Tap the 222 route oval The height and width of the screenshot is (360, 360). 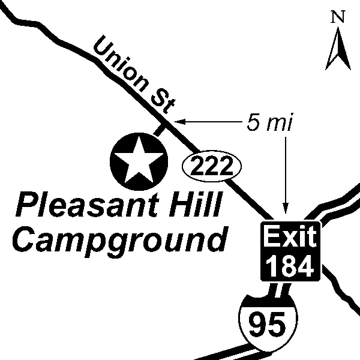point(211,165)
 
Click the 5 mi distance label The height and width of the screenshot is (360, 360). point(269,122)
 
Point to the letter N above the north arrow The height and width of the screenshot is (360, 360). point(338,17)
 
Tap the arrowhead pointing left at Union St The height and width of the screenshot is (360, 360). point(179,122)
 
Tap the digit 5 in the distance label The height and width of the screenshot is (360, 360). point(252,122)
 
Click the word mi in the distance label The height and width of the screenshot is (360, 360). point(279,122)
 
